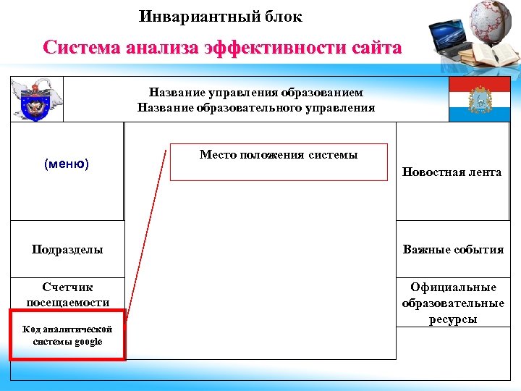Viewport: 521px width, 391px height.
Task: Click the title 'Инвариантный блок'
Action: [221, 16]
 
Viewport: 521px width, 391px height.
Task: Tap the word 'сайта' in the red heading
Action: [376, 49]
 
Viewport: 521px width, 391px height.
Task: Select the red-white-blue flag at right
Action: [479, 99]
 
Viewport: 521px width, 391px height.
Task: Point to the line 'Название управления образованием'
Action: [256, 93]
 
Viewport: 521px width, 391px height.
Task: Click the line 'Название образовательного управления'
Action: [256, 108]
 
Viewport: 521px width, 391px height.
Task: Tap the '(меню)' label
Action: [67, 164]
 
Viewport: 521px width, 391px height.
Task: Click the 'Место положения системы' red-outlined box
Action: [279, 162]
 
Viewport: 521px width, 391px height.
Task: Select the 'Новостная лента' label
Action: [452, 172]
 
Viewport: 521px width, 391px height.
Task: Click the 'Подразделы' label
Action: [67, 249]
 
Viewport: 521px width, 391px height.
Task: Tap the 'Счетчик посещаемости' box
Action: [67, 295]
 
